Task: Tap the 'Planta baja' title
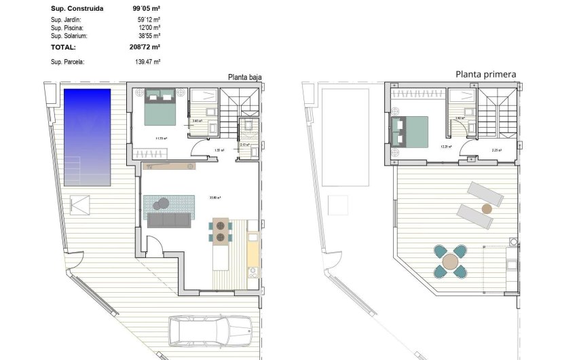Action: pos(244,77)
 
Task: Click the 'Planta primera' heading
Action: pos(485,74)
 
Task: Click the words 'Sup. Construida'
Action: pos(76,9)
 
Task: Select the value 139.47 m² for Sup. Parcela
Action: pos(147,62)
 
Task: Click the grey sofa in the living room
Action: pos(169,219)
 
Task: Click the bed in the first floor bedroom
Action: pos(409,131)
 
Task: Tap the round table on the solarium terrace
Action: pos(451,262)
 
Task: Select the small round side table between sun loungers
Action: pos(486,208)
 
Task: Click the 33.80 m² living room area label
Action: pos(217,198)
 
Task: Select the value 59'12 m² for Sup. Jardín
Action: pos(148,20)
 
